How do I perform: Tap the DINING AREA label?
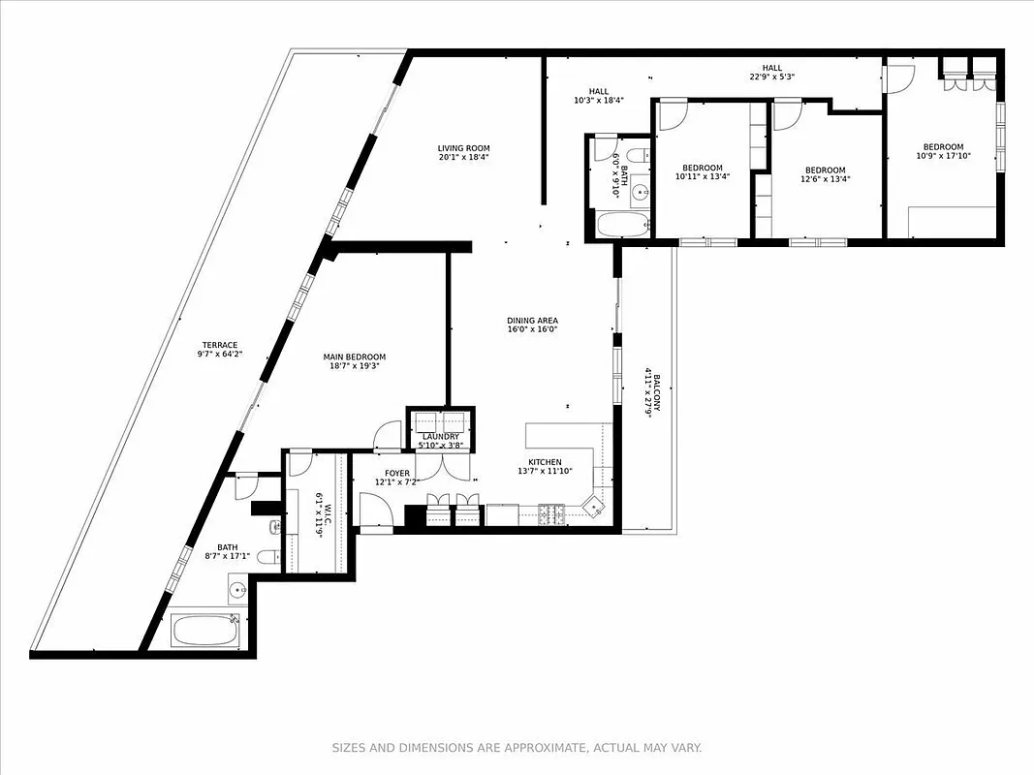532,321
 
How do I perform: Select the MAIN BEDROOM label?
354,356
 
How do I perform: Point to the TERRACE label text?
220,345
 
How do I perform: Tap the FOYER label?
397,474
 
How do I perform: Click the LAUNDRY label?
441,437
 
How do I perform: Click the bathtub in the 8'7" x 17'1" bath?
204,630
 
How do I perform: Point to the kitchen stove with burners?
552,514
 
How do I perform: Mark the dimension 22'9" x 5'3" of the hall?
771,77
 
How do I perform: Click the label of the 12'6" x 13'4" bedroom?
824,170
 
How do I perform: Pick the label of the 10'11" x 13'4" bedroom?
702,167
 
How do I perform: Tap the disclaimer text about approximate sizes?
517,748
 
